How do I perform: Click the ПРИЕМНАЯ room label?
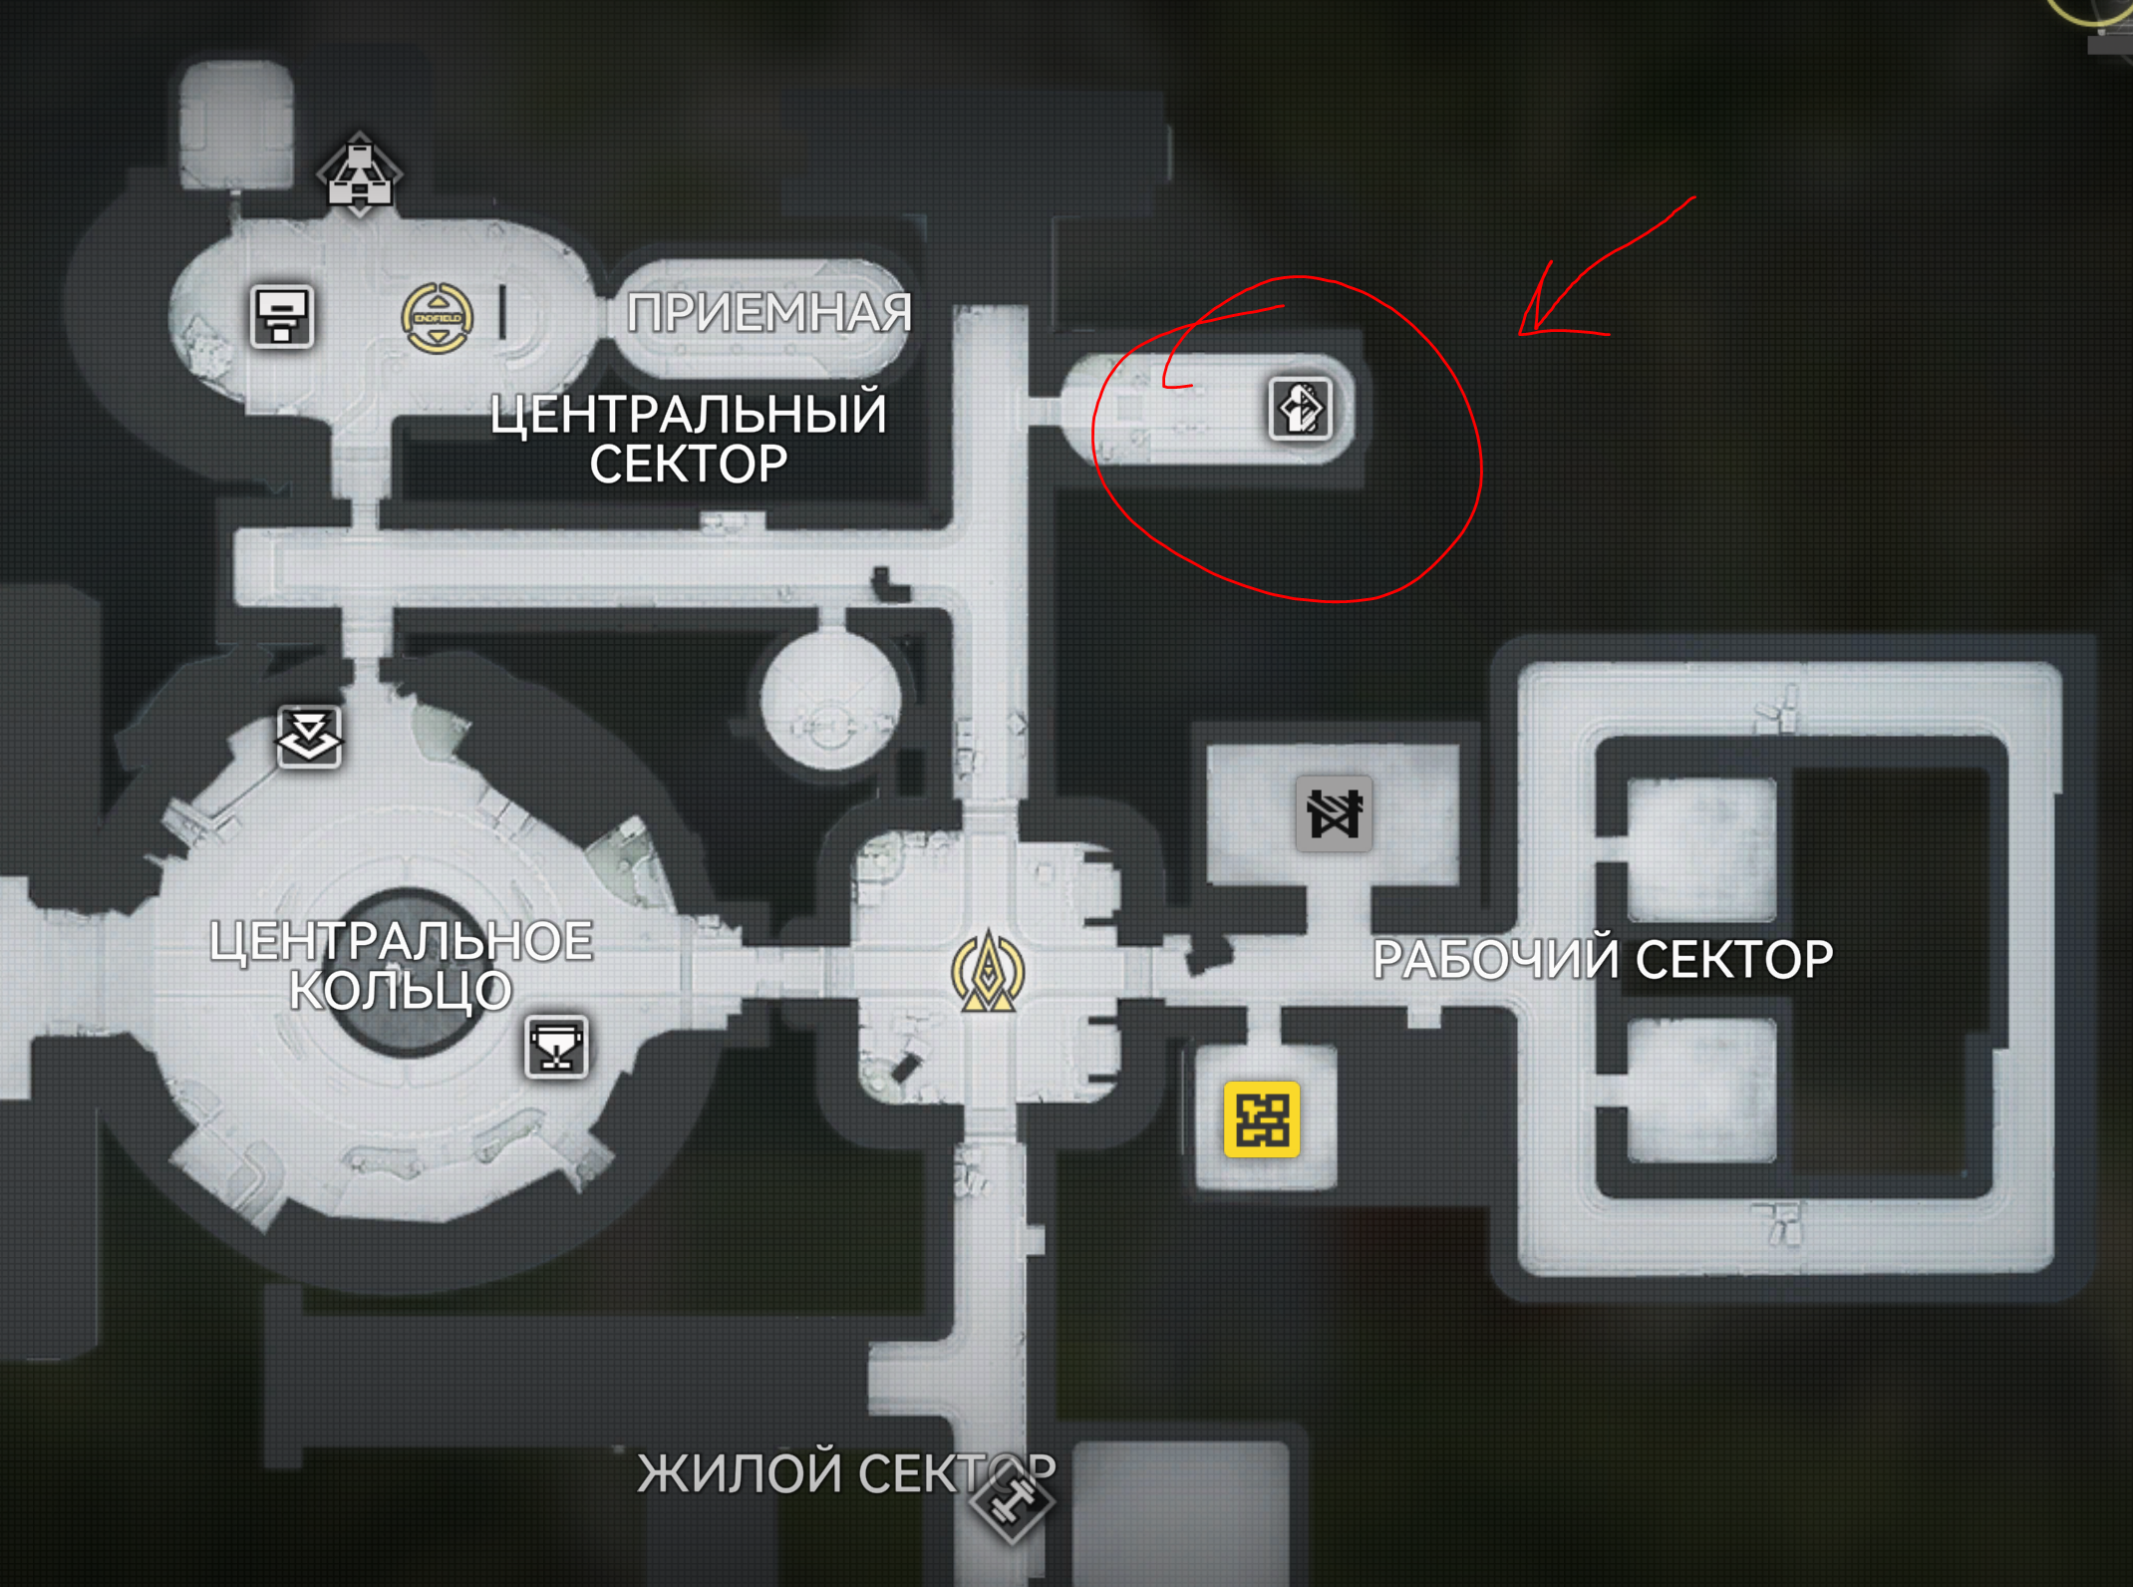coord(768,313)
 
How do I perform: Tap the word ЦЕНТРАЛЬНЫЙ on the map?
coord(688,415)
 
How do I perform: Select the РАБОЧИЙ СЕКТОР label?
coord(1602,959)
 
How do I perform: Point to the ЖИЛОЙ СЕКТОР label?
coord(845,1472)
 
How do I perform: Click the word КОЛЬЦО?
coord(401,991)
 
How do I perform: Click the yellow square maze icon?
coord(1262,1118)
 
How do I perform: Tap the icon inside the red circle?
coord(1301,409)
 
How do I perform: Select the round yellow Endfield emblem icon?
coord(437,318)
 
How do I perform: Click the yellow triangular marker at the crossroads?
coord(988,972)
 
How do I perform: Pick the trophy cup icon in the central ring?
coord(556,1047)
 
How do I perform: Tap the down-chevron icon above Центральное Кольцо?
coord(309,736)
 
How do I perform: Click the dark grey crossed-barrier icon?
coord(1334,813)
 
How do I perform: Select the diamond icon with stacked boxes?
coord(359,174)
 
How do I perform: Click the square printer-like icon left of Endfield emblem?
coord(282,317)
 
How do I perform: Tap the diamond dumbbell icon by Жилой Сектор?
coord(1013,1499)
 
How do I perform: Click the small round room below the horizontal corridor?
coord(829,703)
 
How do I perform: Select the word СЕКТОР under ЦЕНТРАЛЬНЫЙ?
coord(688,465)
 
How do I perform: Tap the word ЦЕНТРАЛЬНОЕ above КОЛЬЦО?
coord(401,941)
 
